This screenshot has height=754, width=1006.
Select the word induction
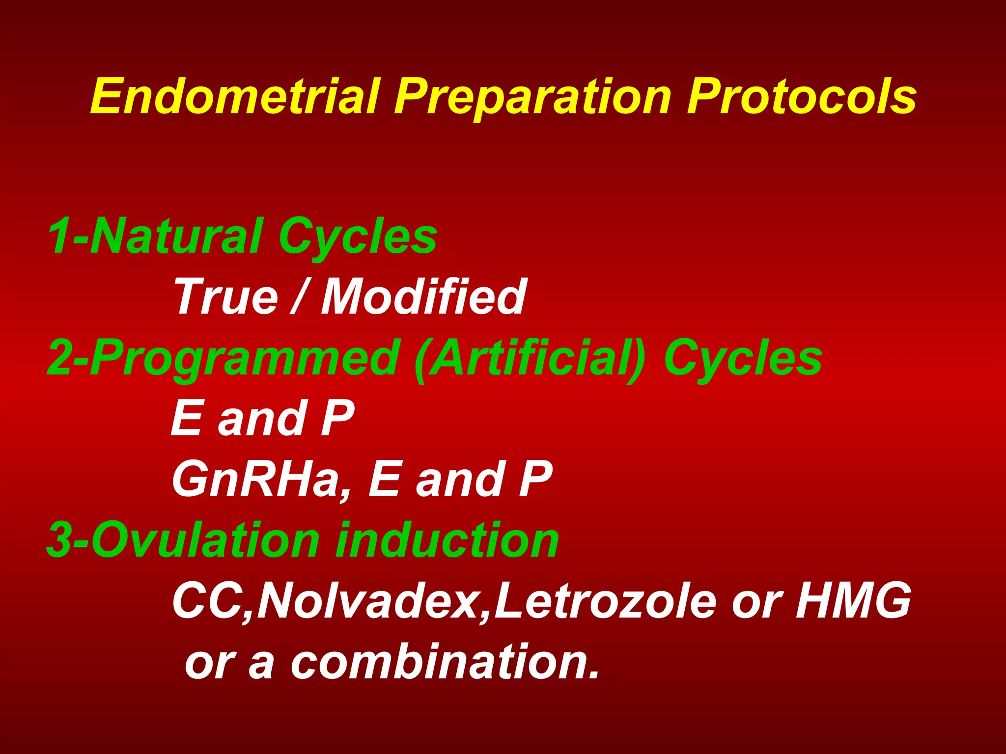point(446,540)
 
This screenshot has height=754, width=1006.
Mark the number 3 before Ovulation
point(59,540)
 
